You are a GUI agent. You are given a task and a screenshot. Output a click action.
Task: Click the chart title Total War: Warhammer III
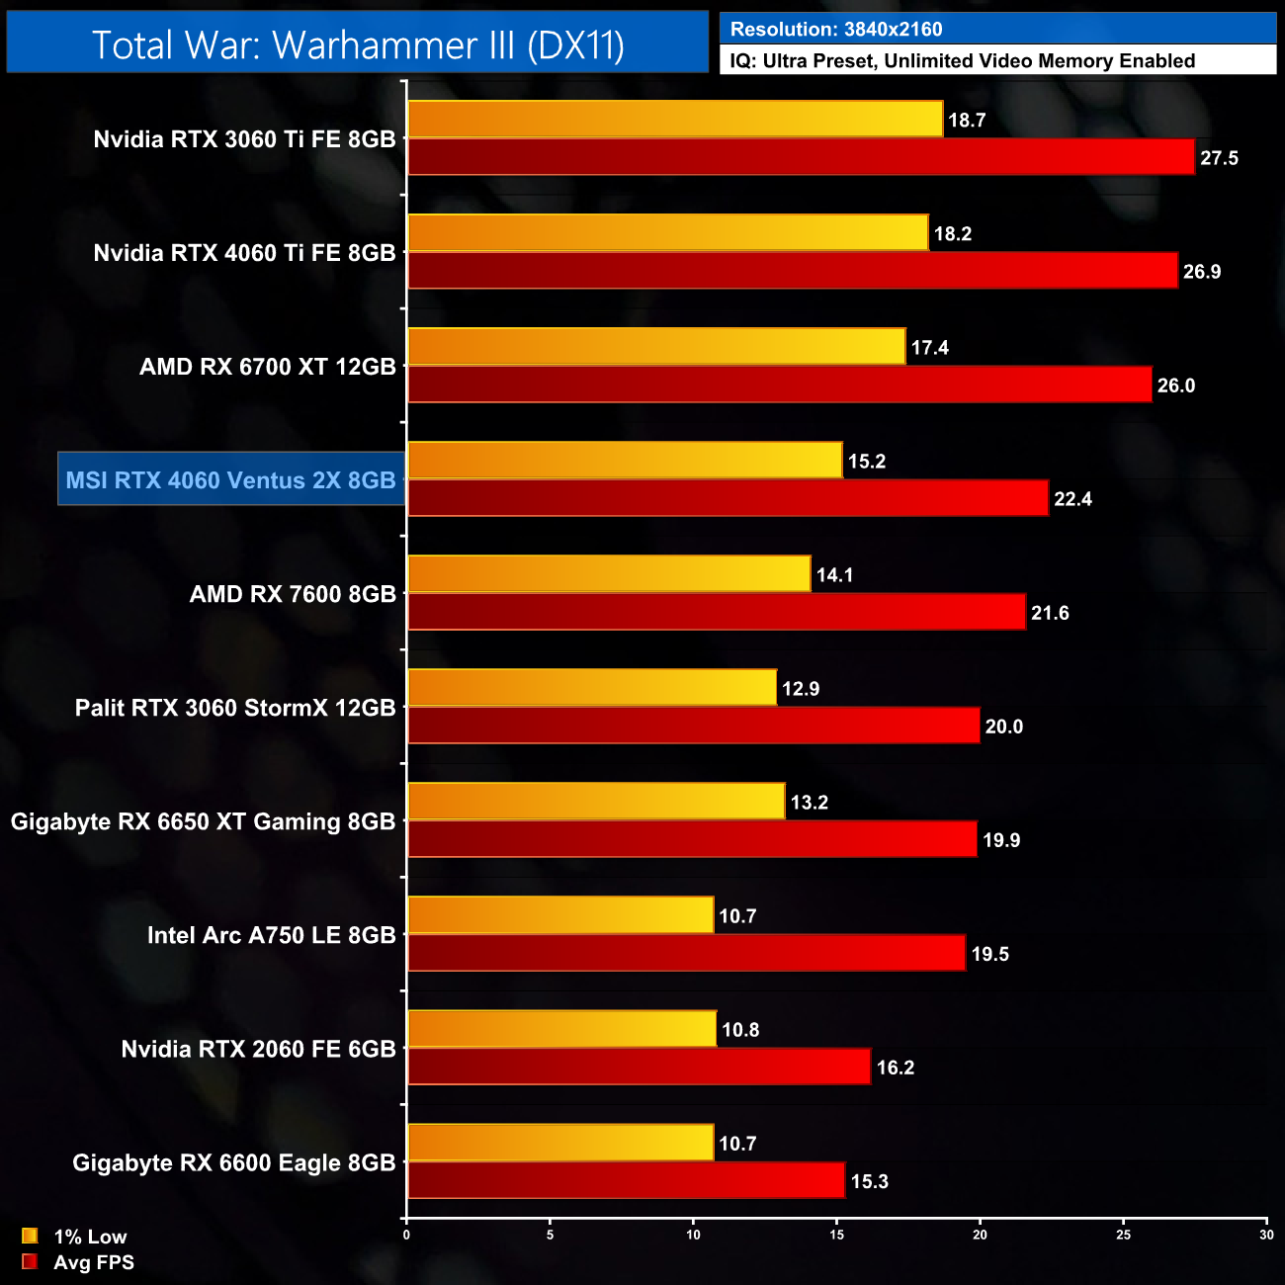click(358, 45)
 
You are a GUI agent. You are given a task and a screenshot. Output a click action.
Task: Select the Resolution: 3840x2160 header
click(836, 30)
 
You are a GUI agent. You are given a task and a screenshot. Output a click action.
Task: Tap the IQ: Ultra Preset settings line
click(962, 61)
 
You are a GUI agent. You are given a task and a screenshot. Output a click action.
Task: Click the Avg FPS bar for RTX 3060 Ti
click(801, 157)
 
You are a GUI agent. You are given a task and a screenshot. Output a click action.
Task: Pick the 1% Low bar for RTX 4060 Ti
click(668, 233)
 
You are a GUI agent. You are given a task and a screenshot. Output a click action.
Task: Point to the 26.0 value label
click(1175, 385)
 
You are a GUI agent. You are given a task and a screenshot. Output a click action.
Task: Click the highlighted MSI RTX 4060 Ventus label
click(231, 480)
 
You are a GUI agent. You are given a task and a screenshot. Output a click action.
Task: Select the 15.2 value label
click(866, 462)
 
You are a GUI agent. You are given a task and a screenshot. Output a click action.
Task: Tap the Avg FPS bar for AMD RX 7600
click(717, 612)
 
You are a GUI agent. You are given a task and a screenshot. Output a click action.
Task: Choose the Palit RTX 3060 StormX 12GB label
click(235, 708)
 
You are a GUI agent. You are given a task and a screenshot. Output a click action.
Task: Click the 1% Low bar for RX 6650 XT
click(596, 802)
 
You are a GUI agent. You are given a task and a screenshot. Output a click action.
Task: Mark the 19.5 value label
click(989, 954)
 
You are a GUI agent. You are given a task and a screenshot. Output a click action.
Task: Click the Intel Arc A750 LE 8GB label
click(271, 935)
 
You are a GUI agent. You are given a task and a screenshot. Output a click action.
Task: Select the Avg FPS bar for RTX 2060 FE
click(639, 1067)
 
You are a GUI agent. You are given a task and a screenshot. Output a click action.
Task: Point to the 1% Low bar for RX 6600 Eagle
click(560, 1143)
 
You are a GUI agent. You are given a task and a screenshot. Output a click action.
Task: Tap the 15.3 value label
click(869, 1181)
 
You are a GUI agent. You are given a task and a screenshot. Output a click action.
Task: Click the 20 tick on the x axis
click(980, 1234)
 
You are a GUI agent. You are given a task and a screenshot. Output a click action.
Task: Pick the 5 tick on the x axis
click(551, 1234)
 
